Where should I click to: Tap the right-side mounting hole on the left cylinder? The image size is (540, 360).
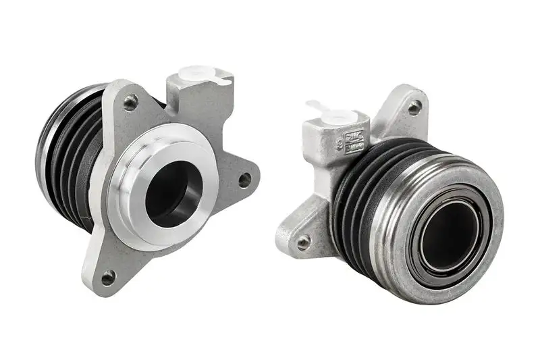pos(244,180)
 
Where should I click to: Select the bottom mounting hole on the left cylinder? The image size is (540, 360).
pos(107,276)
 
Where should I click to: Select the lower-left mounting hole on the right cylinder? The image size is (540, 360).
pos(304,241)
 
